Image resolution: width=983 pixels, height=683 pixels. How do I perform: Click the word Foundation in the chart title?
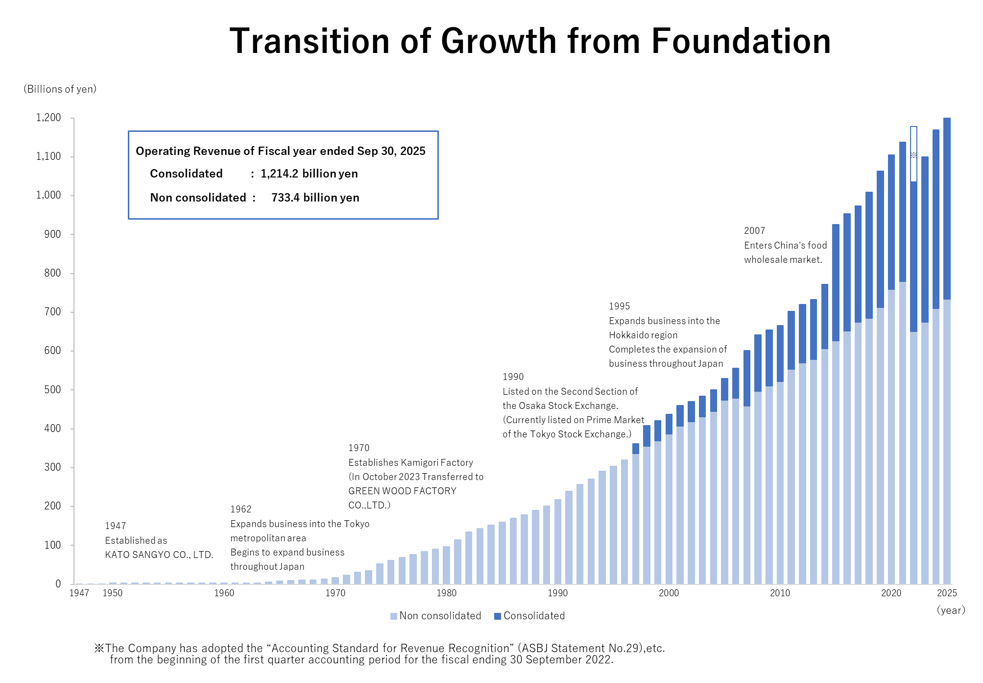pos(741,41)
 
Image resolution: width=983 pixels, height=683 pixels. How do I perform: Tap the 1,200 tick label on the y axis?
pos(48,118)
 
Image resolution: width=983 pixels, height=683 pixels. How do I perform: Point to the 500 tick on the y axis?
pos(52,390)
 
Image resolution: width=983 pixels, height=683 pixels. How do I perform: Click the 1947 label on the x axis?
pos(79,593)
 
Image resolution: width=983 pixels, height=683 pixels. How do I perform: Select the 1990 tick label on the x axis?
pos(557,593)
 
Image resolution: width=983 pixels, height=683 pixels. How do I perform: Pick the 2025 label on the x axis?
pos(947,593)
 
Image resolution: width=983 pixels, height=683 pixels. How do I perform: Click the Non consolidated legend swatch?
pos(394,616)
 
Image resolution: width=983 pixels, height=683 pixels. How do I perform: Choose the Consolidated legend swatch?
pos(498,616)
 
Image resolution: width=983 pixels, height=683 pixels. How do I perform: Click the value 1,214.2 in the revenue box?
pos(279,174)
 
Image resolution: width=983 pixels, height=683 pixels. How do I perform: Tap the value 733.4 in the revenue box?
pos(286,198)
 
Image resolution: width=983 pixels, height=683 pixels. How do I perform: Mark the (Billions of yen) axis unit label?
pos(60,89)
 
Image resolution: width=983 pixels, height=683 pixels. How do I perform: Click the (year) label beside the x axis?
pos(951,610)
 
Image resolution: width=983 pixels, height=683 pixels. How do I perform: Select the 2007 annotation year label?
pos(754,231)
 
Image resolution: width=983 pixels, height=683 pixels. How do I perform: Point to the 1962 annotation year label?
pos(240,509)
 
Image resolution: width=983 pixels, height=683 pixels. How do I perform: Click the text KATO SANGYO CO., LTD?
pos(159,555)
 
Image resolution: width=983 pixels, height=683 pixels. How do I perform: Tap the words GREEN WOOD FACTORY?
pos(402,491)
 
